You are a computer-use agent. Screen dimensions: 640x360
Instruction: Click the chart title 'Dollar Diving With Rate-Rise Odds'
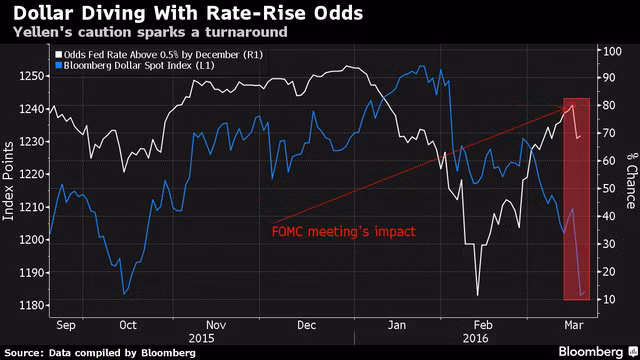coord(188,13)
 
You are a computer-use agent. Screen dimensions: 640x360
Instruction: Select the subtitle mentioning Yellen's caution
coord(150,32)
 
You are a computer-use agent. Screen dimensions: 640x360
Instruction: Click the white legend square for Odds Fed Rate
coord(59,55)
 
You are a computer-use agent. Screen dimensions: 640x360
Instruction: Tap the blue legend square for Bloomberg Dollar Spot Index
coord(59,65)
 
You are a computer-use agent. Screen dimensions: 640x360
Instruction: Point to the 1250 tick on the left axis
coord(31,76)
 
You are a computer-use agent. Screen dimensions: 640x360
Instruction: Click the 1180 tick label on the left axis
coord(31,305)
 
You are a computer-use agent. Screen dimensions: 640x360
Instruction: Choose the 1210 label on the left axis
coord(31,207)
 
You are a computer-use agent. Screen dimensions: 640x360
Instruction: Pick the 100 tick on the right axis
coord(612,51)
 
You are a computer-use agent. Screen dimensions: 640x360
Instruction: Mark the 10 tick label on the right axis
coord(609,299)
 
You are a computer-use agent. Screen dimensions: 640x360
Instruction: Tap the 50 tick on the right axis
coord(609,189)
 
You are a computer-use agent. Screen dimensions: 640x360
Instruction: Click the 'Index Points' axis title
coord(8,182)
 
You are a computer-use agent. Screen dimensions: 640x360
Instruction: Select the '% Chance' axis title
coord(632,181)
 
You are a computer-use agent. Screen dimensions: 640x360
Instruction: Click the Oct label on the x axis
coord(128,325)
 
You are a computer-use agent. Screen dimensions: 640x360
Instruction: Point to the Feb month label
coord(483,325)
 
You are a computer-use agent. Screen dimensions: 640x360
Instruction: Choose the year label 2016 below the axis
coord(476,339)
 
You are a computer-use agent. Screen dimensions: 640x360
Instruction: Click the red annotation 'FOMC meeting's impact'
coord(344,232)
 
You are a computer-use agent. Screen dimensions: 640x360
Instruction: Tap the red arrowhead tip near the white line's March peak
coord(567,108)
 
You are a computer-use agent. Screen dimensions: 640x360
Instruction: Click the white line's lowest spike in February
coord(478,295)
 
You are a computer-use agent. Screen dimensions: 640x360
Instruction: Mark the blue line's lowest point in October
coord(124,293)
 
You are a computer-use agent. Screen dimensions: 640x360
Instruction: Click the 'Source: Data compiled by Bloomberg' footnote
coord(100,353)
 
